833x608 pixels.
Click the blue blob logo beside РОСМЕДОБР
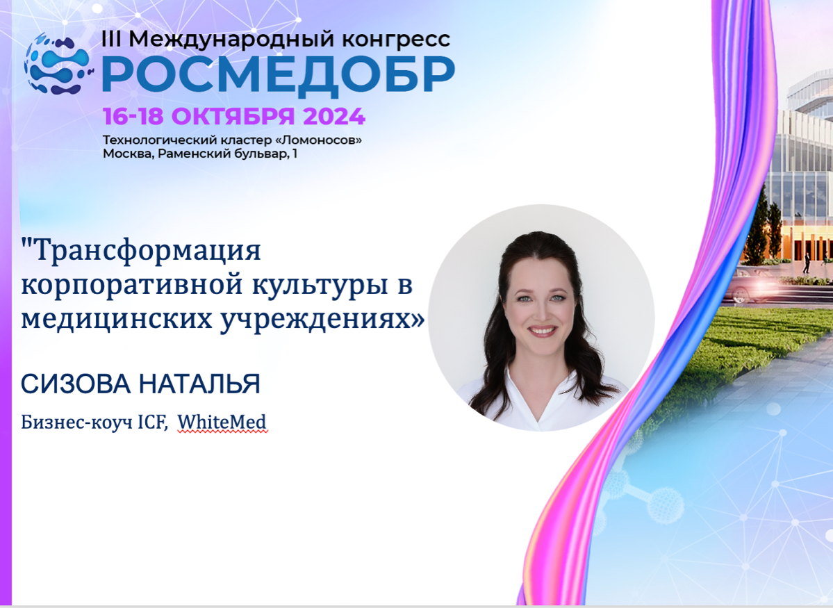click(x=57, y=64)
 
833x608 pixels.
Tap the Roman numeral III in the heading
click(x=112, y=39)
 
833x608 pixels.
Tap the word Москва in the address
click(x=127, y=154)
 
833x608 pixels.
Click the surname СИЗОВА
click(x=76, y=384)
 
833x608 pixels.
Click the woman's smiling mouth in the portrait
click(x=542, y=331)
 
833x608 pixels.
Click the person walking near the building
click(x=806, y=263)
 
